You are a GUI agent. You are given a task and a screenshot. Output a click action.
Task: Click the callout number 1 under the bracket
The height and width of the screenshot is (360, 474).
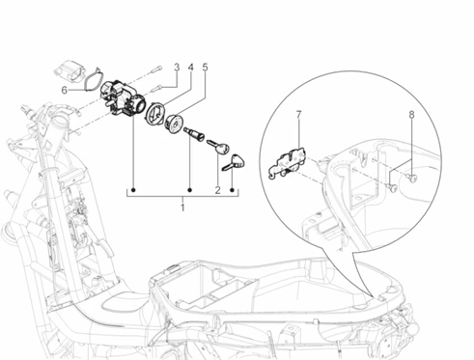click(x=182, y=208)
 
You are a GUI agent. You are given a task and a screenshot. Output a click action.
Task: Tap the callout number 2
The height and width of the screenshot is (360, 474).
click(x=218, y=190)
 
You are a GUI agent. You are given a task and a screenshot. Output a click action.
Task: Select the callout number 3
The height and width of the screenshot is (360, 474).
click(x=177, y=68)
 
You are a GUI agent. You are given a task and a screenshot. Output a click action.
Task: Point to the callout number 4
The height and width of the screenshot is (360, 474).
click(x=191, y=68)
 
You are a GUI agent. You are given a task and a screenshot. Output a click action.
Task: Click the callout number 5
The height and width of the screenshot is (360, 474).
click(x=205, y=68)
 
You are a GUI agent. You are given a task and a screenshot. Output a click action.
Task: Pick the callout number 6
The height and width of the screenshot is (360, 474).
click(x=65, y=91)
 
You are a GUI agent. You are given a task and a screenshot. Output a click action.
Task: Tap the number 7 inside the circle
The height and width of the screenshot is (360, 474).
click(x=298, y=115)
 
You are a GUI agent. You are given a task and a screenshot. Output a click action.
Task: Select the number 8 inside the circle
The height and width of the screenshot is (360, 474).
click(x=412, y=115)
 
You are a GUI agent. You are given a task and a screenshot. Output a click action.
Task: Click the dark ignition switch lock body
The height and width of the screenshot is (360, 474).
click(x=123, y=98)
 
